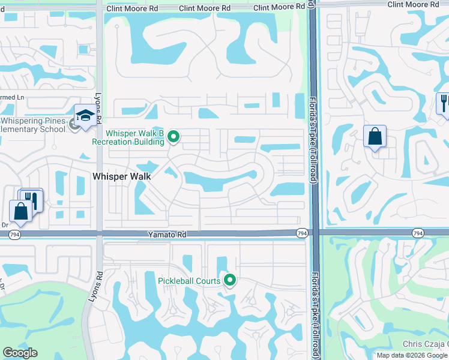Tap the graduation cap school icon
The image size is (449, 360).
85,115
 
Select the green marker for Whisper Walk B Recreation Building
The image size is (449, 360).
174,137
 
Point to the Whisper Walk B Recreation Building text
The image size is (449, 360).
127,137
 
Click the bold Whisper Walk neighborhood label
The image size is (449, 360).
122,176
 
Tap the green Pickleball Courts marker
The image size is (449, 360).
229,280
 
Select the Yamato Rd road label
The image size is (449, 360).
163,236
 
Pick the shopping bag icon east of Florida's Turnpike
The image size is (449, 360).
375,136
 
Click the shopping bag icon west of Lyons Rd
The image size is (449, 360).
21,211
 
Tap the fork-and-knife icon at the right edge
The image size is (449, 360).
444,103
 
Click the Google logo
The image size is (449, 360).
20,353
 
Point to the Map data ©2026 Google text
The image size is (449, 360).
412,355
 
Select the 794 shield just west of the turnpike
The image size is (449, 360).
302,232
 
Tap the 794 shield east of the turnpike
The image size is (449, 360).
418,232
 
